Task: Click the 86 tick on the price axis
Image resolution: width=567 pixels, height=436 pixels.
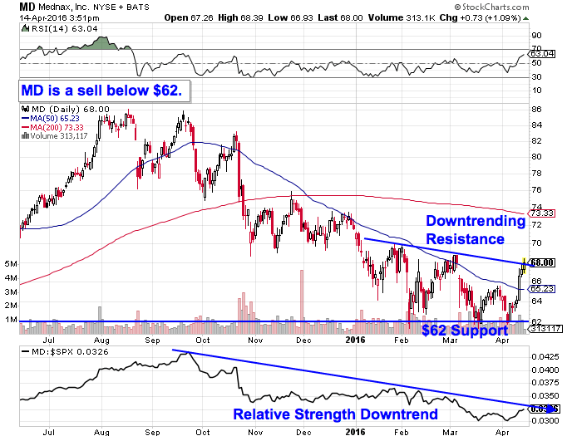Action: (536, 109)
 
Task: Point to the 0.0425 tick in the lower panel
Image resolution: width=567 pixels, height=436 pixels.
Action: (543, 354)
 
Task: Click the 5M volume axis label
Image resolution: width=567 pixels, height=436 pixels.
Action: (10, 264)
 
